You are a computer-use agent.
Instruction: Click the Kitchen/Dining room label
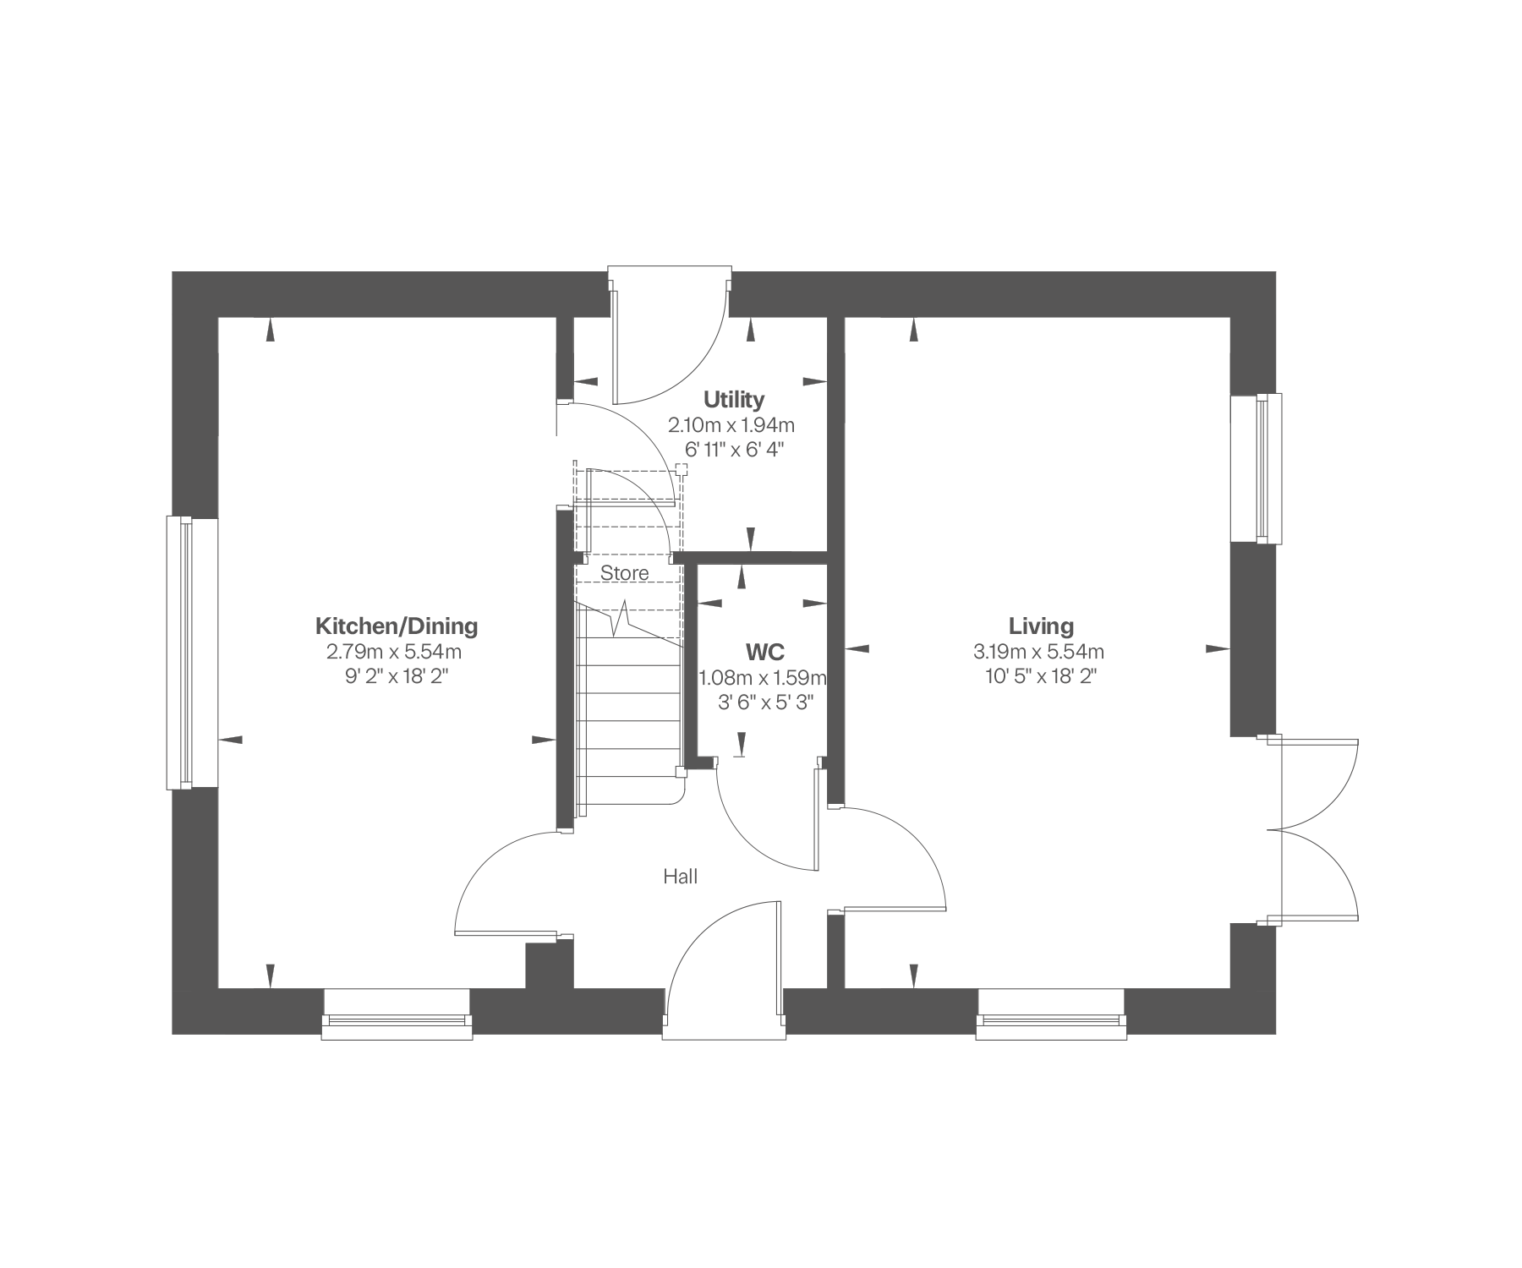click(397, 626)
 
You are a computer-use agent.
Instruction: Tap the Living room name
click(1041, 626)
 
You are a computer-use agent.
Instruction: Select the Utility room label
click(734, 399)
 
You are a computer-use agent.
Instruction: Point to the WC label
click(764, 652)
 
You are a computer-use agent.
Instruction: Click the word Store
click(625, 573)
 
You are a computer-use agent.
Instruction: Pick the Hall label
click(681, 877)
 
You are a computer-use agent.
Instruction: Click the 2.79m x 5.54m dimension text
click(394, 652)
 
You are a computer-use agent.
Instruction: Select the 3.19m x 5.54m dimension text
click(1039, 652)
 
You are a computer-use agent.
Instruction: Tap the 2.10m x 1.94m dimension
click(732, 424)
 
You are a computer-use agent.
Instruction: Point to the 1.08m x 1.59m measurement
click(763, 677)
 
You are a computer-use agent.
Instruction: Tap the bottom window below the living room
click(1052, 1014)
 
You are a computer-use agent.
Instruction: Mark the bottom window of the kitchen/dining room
click(397, 1014)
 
